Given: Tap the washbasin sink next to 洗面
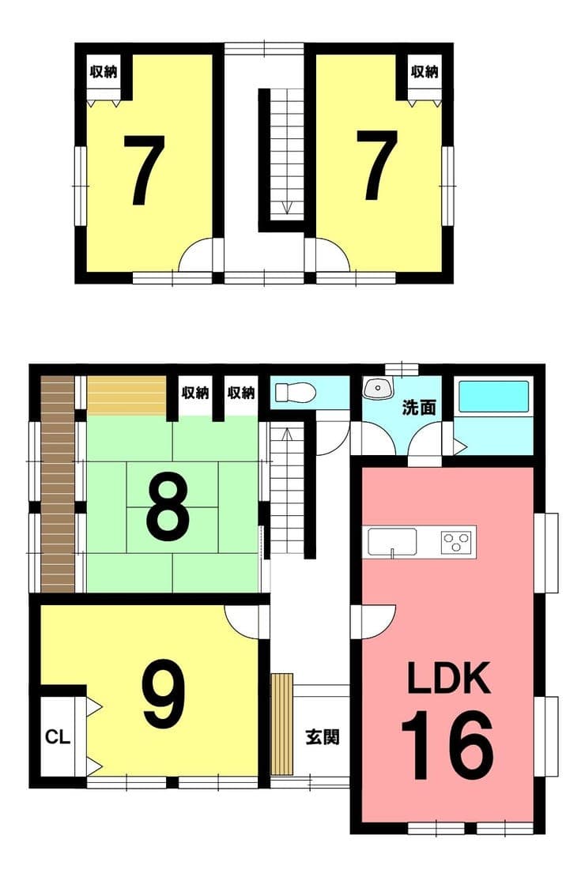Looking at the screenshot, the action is click(x=379, y=388).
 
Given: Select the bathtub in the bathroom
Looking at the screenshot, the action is click(x=494, y=397).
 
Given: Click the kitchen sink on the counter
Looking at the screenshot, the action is click(x=392, y=541).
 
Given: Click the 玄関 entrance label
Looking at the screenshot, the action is click(x=323, y=736).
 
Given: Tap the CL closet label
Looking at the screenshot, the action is click(x=58, y=736).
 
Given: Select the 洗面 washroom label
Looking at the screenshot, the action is click(x=419, y=408).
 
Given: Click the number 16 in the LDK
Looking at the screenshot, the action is click(x=447, y=746).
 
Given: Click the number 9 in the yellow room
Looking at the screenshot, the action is click(x=164, y=694).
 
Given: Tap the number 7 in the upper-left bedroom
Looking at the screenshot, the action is click(x=144, y=170).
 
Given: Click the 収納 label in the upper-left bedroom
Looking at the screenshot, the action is click(x=104, y=72).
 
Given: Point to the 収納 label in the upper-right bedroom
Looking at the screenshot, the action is click(x=425, y=72).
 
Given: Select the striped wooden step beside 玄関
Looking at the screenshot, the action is click(x=282, y=724).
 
